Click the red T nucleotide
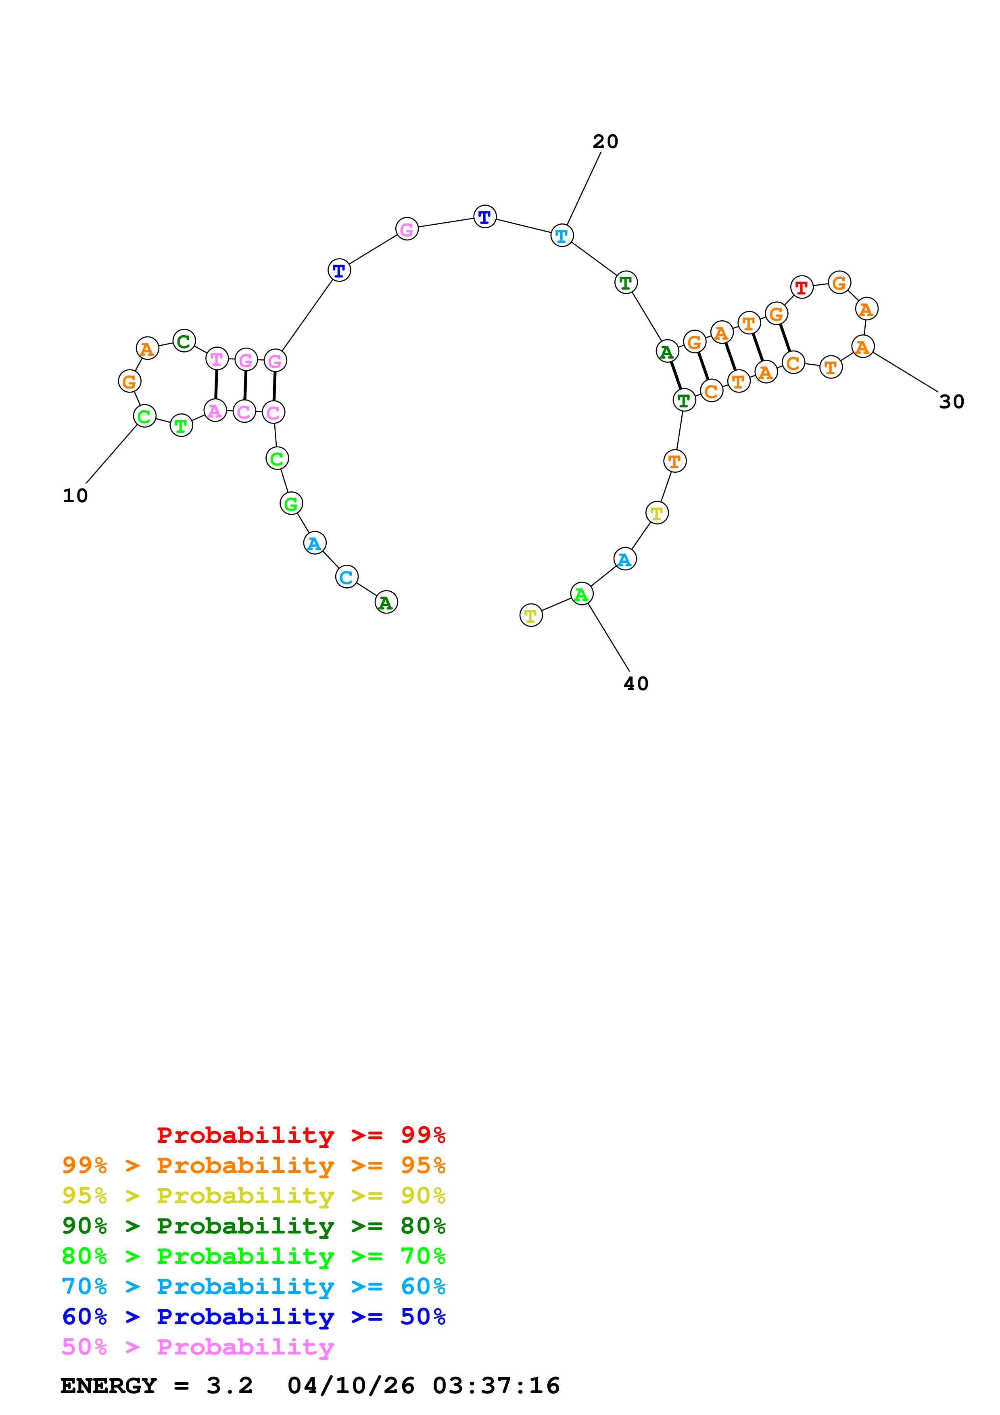(x=801, y=286)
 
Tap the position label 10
(x=75, y=495)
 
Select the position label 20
(x=605, y=142)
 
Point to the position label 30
(x=951, y=402)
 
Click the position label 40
(x=636, y=683)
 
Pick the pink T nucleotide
(x=216, y=358)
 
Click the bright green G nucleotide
(x=291, y=503)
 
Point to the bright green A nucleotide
(x=581, y=594)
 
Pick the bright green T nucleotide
(x=181, y=425)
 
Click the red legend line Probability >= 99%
(x=301, y=1135)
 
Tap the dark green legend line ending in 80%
(x=253, y=1226)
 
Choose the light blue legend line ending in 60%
(x=253, y=1286)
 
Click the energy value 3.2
(x=229, y=1386)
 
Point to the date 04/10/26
(x=351, y=1386)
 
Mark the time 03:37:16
(x=496, y=1386)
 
